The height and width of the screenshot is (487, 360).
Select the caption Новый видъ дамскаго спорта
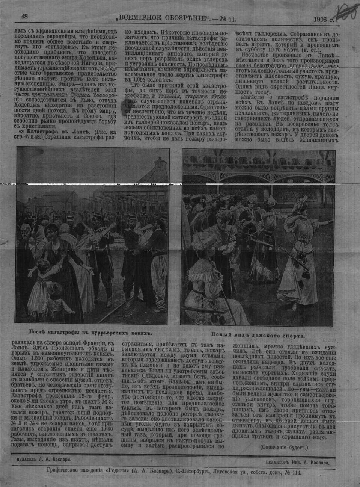258,336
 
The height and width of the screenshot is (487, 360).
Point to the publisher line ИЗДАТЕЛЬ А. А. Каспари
44,459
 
